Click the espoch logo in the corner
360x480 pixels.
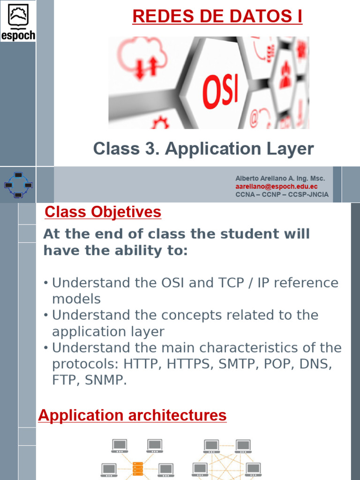click(x=18, y=21)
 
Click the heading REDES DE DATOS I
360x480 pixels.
click(x=217, y=16)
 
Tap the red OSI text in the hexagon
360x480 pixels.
click(x=220, y=89)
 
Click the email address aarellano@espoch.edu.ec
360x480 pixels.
click(x=276, y=187)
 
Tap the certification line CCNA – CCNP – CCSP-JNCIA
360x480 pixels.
click(x=282, y=195)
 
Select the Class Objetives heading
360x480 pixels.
click(x=103, y=212)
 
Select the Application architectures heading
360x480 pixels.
click(x=132, y=415)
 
